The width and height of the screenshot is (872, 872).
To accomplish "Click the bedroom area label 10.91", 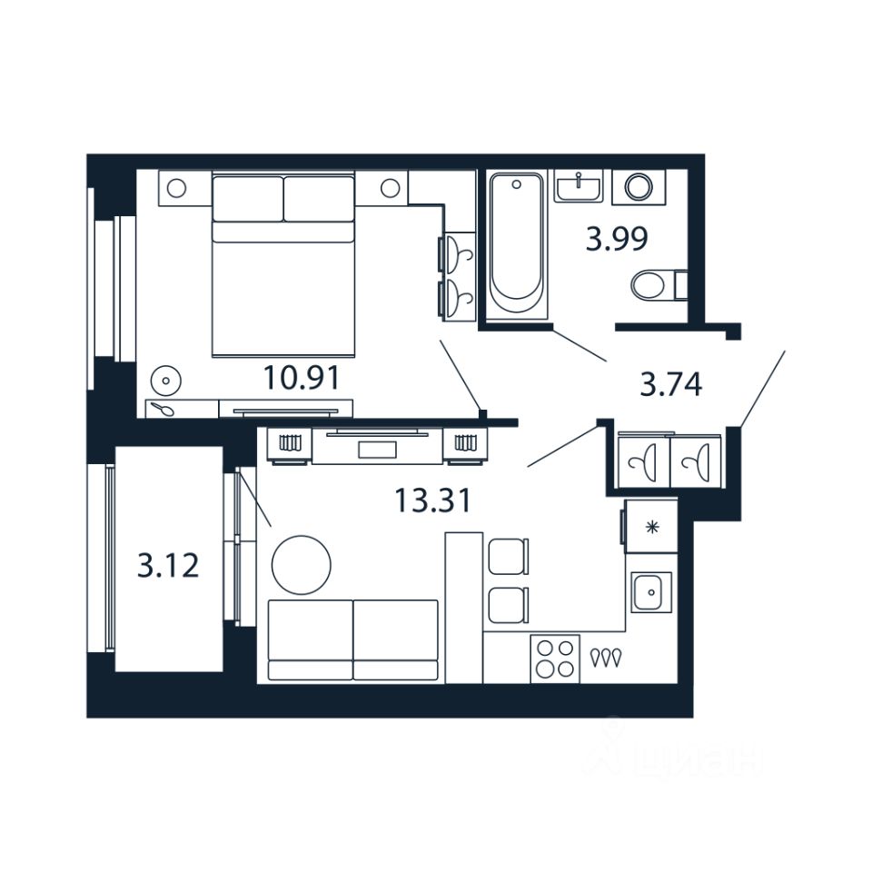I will tap(302, 377).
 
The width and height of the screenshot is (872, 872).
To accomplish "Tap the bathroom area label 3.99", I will tap(617, 240).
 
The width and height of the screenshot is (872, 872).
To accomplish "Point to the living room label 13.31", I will tap(432, 499).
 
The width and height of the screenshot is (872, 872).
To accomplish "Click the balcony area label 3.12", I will tap(168, 567).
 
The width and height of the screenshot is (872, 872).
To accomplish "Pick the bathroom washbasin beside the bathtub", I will tap(578, 187).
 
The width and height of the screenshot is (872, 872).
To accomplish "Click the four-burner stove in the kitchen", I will tap(554, 658).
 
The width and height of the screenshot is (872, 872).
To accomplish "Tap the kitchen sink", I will tap(650, 593).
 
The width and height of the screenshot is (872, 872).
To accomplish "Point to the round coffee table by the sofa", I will tap(301, 564).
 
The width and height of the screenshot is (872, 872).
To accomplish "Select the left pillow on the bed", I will tap(247, 197).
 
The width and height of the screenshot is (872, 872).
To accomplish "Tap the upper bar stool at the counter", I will tap(507, 556).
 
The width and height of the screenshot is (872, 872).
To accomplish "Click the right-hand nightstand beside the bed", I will tap(390, 189).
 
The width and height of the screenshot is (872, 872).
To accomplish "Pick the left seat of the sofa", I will tap(310, 638).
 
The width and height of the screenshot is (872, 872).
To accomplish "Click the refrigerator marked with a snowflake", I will tap(650, 527).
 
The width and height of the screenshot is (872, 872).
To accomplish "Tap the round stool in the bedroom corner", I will tap(166, 379).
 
